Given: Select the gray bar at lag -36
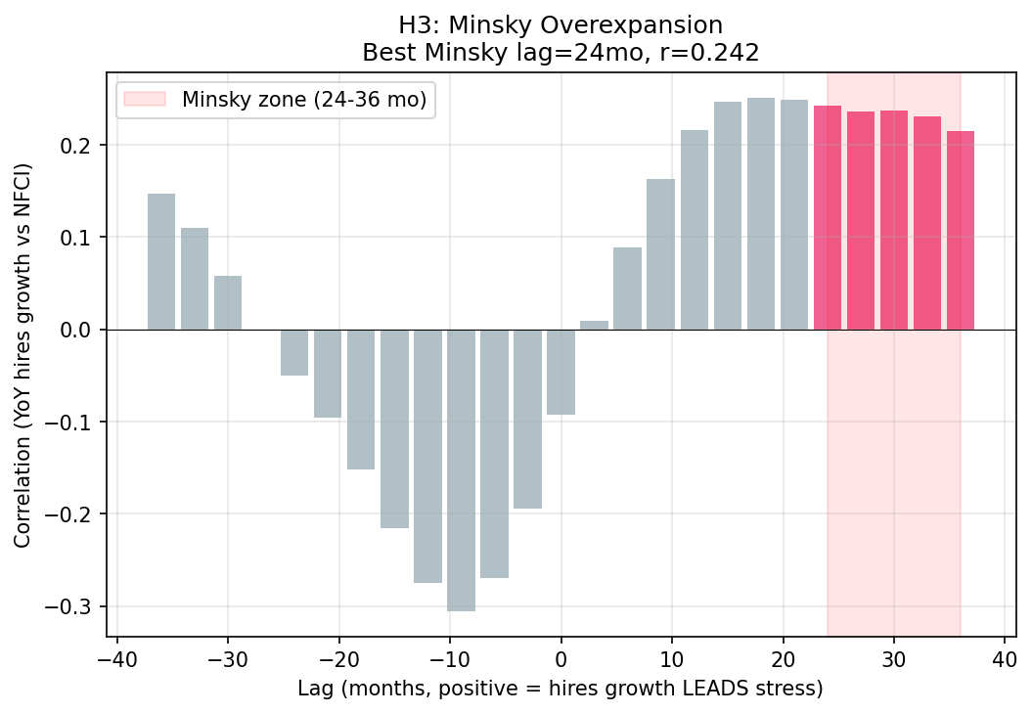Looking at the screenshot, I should point(161,261).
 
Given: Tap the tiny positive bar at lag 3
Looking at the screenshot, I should point(594,325).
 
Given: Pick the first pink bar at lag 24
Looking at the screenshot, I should point(828,217).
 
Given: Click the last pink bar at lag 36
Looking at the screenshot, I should point(961,230).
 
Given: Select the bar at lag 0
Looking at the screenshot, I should point(561,372).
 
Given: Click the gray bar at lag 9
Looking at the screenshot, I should point(660,254).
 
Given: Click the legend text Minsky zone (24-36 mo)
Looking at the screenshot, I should point(304,101).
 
